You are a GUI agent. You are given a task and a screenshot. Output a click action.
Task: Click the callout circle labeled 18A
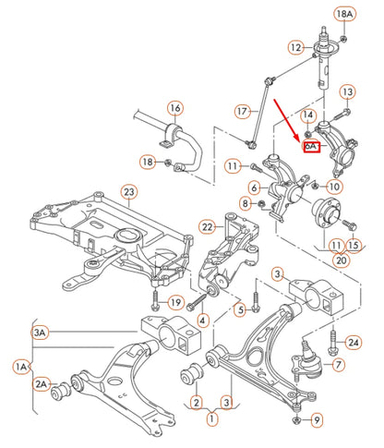click(344, 14)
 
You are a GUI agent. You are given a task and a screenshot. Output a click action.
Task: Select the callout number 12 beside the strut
click(294, 47)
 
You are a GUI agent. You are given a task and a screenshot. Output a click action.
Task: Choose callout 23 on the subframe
click(128, 192)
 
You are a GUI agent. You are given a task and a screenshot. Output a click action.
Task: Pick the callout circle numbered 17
click(243, 112)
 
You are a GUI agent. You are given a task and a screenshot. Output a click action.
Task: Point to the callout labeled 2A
click(41, 383)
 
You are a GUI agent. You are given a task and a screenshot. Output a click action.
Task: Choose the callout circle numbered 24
click(354, 343)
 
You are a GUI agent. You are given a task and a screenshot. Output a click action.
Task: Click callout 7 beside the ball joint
click(338, 365)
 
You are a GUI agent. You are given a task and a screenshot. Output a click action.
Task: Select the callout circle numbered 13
click(347, 91)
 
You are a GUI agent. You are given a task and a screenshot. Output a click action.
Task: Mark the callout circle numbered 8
click(245, 202)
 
